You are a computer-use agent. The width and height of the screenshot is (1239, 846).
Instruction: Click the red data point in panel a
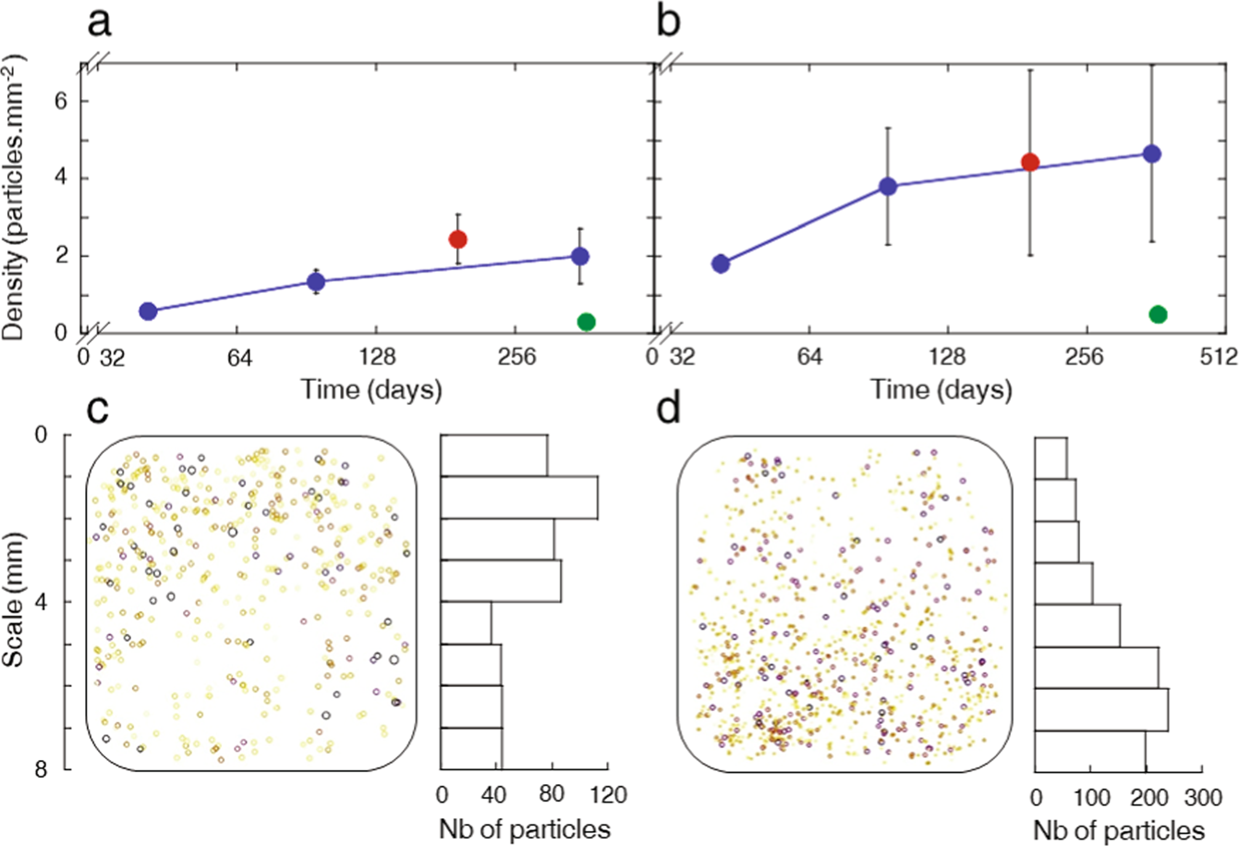pyautogui.click(x=457, y=239)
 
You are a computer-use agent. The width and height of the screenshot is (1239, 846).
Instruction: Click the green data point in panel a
pyautogui.click(x=586, y=322)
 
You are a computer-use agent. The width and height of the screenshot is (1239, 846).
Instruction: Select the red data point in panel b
pyautogui.click(x=1030, y=163)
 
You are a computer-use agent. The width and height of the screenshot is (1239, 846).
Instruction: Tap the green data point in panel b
pyautogui.click(x=1158, y=314)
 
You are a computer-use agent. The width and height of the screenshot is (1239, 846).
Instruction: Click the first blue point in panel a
pyautogui.click(x=148, y=311)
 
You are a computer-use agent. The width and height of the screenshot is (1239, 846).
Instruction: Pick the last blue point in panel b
pyautogui.click(x=1151, y=153)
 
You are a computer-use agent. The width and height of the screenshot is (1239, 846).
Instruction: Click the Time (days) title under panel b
pyautogui.click(x=941, y=389)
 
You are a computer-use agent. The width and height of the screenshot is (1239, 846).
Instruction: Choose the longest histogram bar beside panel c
pyautogui.click(x=519, y=497)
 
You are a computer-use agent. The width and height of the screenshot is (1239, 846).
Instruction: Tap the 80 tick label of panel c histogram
pyautogui.click(x=552, y=795)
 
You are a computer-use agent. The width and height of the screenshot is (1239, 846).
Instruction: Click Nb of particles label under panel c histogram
pyautogui.click(x=524, y=828)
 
